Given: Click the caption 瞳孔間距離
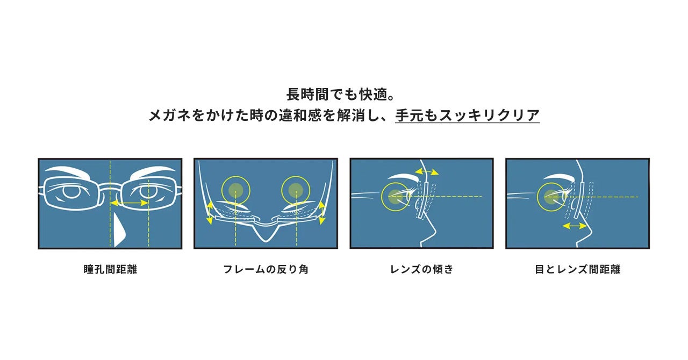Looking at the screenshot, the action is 110,269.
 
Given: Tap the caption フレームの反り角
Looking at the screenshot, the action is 266,269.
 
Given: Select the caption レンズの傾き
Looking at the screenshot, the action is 422,269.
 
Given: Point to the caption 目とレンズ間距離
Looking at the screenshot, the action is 577,269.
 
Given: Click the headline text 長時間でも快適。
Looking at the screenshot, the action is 341,95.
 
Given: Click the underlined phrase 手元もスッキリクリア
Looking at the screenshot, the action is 467,116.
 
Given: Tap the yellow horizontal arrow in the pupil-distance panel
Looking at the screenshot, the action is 130,203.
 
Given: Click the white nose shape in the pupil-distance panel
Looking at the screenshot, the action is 119,231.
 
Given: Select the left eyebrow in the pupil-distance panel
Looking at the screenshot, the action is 68,172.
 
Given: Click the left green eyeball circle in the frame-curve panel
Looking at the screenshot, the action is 235,190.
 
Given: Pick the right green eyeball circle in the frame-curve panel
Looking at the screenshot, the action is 296,190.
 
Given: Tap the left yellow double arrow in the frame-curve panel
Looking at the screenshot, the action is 210,213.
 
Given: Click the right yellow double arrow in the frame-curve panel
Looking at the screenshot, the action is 321,213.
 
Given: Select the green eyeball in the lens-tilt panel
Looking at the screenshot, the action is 395,197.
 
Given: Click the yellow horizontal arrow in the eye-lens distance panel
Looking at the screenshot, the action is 575,226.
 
